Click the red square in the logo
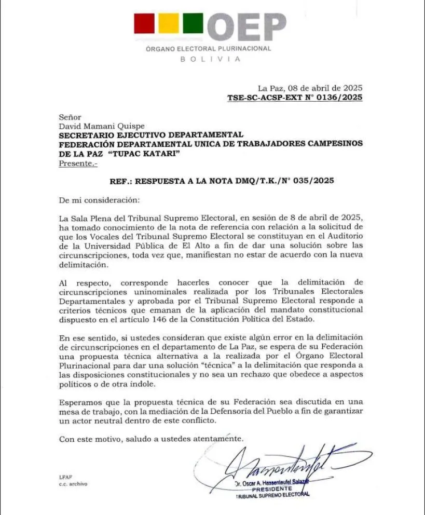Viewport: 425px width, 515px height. (x=144, y=23)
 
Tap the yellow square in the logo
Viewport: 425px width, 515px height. (x=168, y=23)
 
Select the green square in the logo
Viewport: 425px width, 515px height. (x=193, y=23)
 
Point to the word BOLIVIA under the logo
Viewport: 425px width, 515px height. (x=210, y=59)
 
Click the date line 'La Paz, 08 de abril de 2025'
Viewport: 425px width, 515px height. (x=310, y=88)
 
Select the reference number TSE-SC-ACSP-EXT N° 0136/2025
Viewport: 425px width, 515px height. (x=295, y=97)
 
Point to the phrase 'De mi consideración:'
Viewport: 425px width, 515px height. (x=99, y=199)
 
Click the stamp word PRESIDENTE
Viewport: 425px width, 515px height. (x=272, y=489)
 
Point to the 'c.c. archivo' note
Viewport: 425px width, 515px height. (x=73, y=484)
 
